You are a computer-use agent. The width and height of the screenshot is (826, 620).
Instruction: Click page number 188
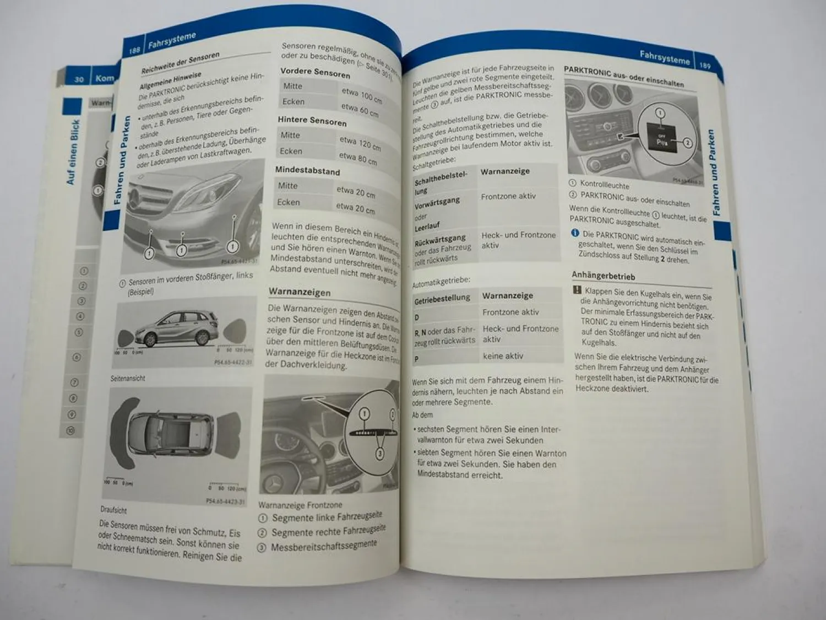(x=134, y=50)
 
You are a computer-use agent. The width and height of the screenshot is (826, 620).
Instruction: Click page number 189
(x=705, y=65)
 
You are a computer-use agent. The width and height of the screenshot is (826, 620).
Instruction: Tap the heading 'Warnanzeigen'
(x=300, y=292)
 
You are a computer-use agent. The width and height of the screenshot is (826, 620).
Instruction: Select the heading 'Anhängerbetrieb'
(x=603, y=276)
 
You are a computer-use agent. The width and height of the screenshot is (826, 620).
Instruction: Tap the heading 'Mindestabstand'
(x=307, y=170)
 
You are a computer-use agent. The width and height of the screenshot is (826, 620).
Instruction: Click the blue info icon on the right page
(x=575, y=233)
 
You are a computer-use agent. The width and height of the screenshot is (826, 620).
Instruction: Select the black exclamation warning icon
(x=577, y=290)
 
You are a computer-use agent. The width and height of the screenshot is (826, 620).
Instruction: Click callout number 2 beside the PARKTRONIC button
(x=687, y=143)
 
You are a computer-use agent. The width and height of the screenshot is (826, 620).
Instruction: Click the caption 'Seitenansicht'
(x=128, y=379)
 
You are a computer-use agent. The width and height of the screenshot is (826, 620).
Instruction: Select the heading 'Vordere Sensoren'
(x=315, y=73)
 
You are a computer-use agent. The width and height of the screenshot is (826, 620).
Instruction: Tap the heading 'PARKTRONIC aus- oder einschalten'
(x=623, y=78)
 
